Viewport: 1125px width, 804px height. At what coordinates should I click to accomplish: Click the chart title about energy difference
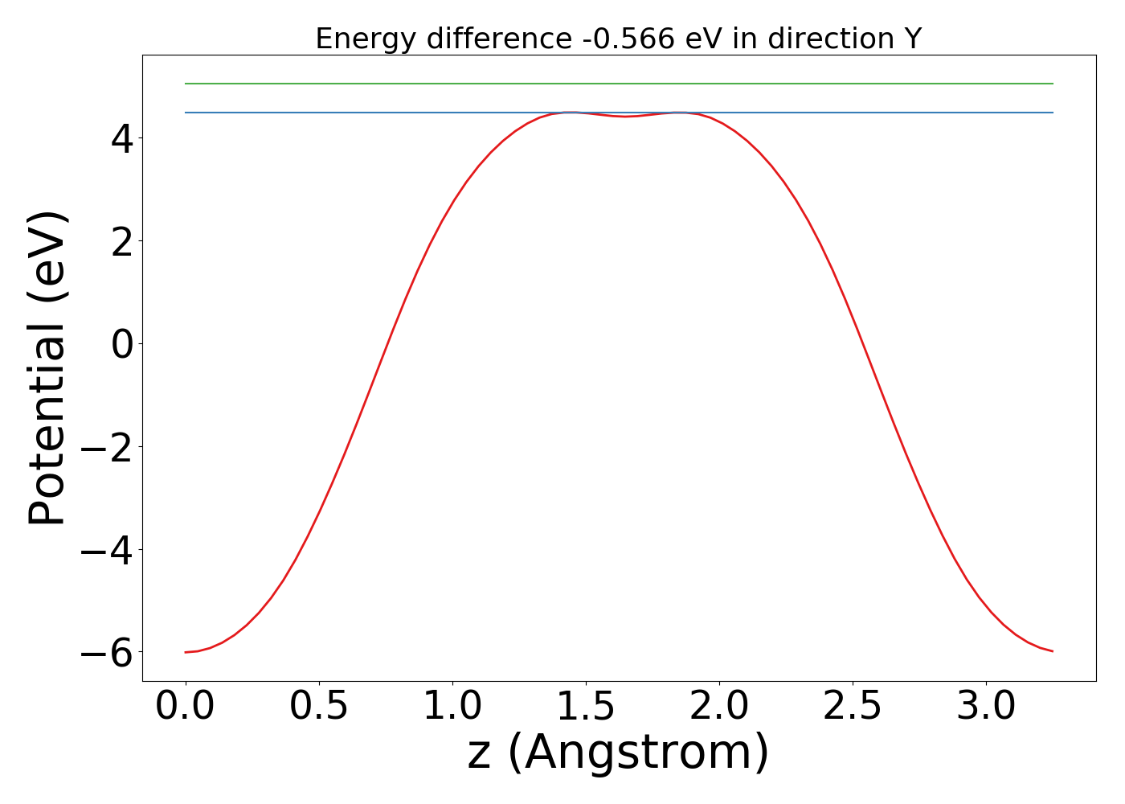coord(618,39)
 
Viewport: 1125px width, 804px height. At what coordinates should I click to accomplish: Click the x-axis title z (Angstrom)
coord(618,753)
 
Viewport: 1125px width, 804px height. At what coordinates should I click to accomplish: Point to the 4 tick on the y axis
coord(123,138)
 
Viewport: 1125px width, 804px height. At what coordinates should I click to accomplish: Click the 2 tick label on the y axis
coord(123,241)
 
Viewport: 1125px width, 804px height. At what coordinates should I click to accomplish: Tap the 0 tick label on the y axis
coord(123,344)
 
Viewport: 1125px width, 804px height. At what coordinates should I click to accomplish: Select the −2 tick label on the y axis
coord(108,447)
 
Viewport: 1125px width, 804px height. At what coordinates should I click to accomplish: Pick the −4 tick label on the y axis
coord(108,550)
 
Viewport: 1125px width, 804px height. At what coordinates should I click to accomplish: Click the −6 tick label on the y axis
coord(108,653)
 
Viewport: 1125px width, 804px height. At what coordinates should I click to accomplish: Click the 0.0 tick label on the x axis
coord(186,707)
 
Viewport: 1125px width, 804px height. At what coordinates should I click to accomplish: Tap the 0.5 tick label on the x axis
coord(319,707)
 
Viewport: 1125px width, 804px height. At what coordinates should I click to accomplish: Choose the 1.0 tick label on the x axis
coord(452,707)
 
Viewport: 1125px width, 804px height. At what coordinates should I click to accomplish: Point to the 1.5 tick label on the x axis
coord(586,707)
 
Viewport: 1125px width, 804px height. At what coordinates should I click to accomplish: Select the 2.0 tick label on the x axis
coord(719,707)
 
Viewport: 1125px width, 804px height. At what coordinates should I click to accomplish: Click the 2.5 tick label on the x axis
coord(853,707)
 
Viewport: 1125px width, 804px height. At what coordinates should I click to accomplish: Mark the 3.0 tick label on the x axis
coord(986,707)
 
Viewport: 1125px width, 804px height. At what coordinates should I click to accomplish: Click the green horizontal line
coord(619,84)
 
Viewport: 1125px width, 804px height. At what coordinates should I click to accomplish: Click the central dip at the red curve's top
coord(626,117)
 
